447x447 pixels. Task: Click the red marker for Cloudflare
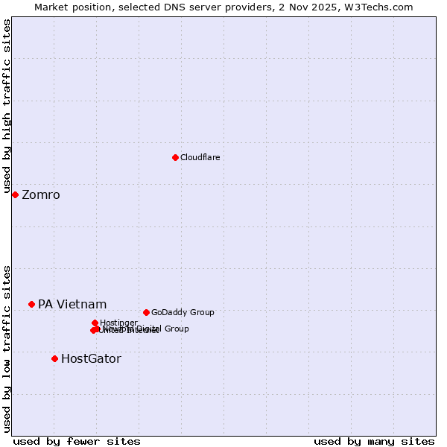(175, 157)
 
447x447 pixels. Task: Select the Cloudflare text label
(200, 157)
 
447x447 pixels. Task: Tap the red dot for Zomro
(15, 194)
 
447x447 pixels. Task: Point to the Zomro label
(41, 195)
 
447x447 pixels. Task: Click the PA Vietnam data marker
(31, 304)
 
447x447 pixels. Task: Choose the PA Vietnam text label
(72, 305)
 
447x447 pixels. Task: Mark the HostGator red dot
(54, 358)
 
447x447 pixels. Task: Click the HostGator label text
(91, 359)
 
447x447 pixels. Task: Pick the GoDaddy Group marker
(146, 312)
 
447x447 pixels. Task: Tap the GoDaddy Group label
(183, 313)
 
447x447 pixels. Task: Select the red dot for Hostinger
(95, 323)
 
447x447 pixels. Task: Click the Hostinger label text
(118, 323)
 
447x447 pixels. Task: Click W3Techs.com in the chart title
(383, 7)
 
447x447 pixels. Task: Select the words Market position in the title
(70, 7)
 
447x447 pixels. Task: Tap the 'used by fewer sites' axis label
(77, 441)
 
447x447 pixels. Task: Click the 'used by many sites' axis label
(374, 441)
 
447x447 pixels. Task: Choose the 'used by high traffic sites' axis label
(7, 107)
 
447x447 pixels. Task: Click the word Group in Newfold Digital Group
(176, 329)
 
